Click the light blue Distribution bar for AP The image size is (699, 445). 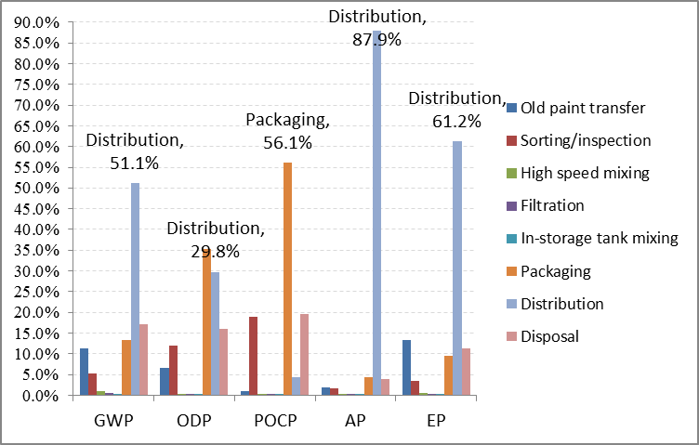coord(377,214)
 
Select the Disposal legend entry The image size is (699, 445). coord(550,336)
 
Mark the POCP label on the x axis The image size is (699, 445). coord(279,418)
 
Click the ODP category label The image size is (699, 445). coord(193,418)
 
